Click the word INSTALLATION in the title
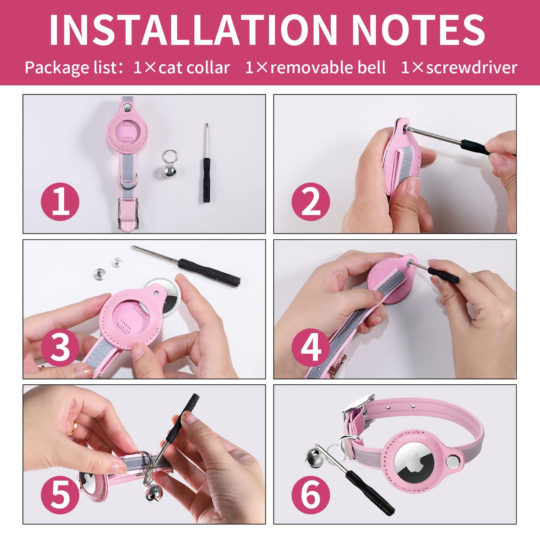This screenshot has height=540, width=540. [193, 30]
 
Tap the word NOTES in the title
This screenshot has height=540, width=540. [418, 30]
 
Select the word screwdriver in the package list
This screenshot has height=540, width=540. [472, 68]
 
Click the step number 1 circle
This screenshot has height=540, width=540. [60, 202]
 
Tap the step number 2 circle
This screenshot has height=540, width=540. [311, 202]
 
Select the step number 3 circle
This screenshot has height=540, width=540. [60, 347]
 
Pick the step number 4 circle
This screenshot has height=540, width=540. [311, 347]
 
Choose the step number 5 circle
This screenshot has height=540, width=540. [60, 493]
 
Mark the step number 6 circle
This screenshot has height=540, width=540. [311, 493]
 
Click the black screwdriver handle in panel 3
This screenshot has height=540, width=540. [209, 272]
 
